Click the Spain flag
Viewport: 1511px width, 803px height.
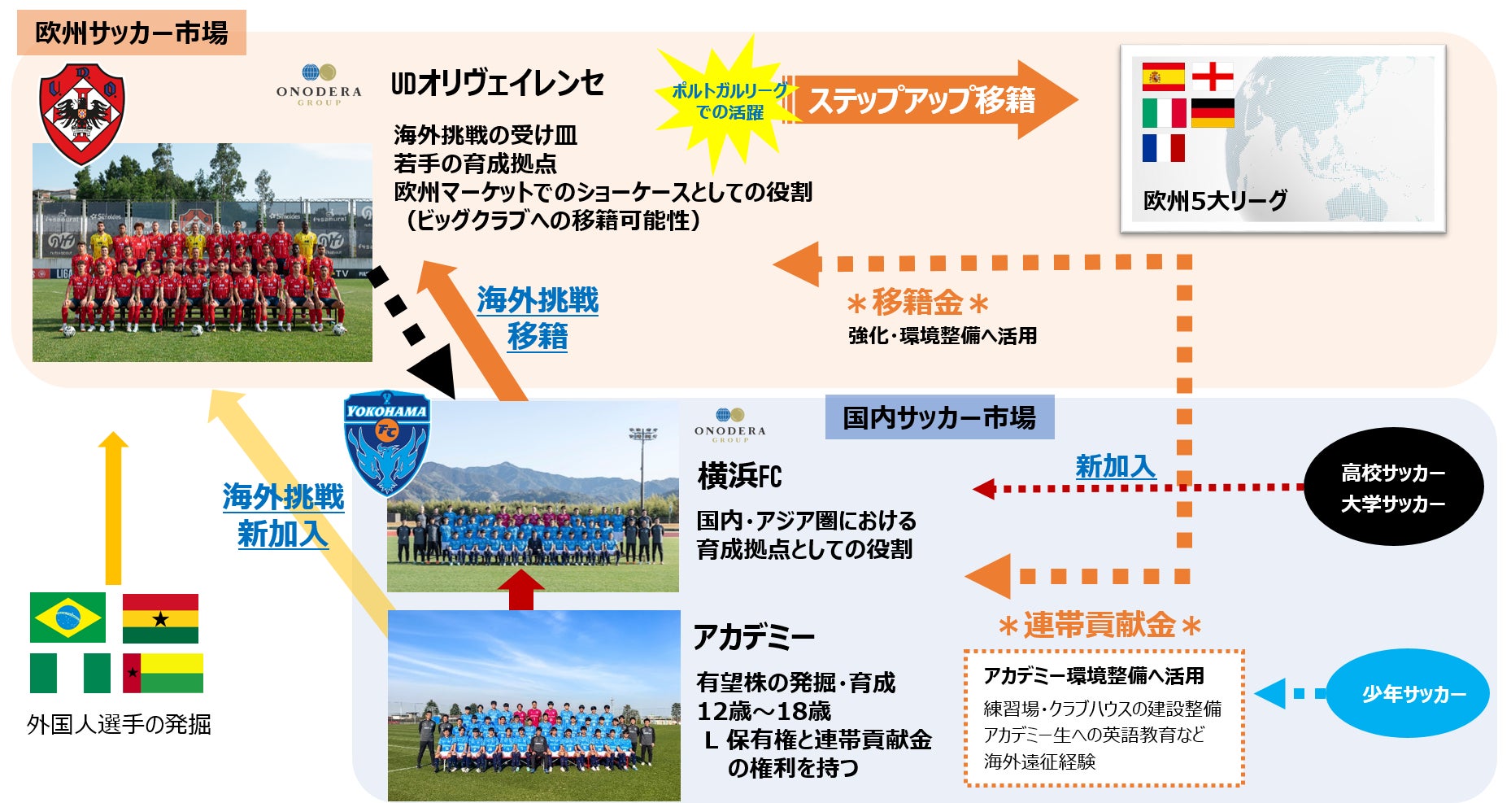tap(1163, 76)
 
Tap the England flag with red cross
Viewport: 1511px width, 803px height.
tap(1212, 76)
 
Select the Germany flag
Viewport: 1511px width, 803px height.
tap(1212, 113)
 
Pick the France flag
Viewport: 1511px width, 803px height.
tap(1163, 148)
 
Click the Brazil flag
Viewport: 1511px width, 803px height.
tap(67, 618)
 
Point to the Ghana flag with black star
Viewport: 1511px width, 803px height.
tap(160, 618)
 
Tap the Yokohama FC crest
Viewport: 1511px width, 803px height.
tap(386, 442)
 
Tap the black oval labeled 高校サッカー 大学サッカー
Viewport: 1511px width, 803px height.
tap(1393, 487)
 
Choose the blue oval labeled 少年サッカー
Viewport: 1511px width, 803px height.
tap(1409, 694)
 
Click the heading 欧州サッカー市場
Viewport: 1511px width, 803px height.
tap(131, 33)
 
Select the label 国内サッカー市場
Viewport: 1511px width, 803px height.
tap(939, 417)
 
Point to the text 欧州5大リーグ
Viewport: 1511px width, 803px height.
tap(1215, 200)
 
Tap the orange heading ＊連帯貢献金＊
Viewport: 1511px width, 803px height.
tap(1100, 626)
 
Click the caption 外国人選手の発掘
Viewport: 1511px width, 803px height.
tap(119, 723)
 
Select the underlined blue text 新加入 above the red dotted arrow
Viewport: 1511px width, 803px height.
tap(1115, 466)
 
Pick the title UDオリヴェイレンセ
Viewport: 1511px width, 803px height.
tap(498, 83)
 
